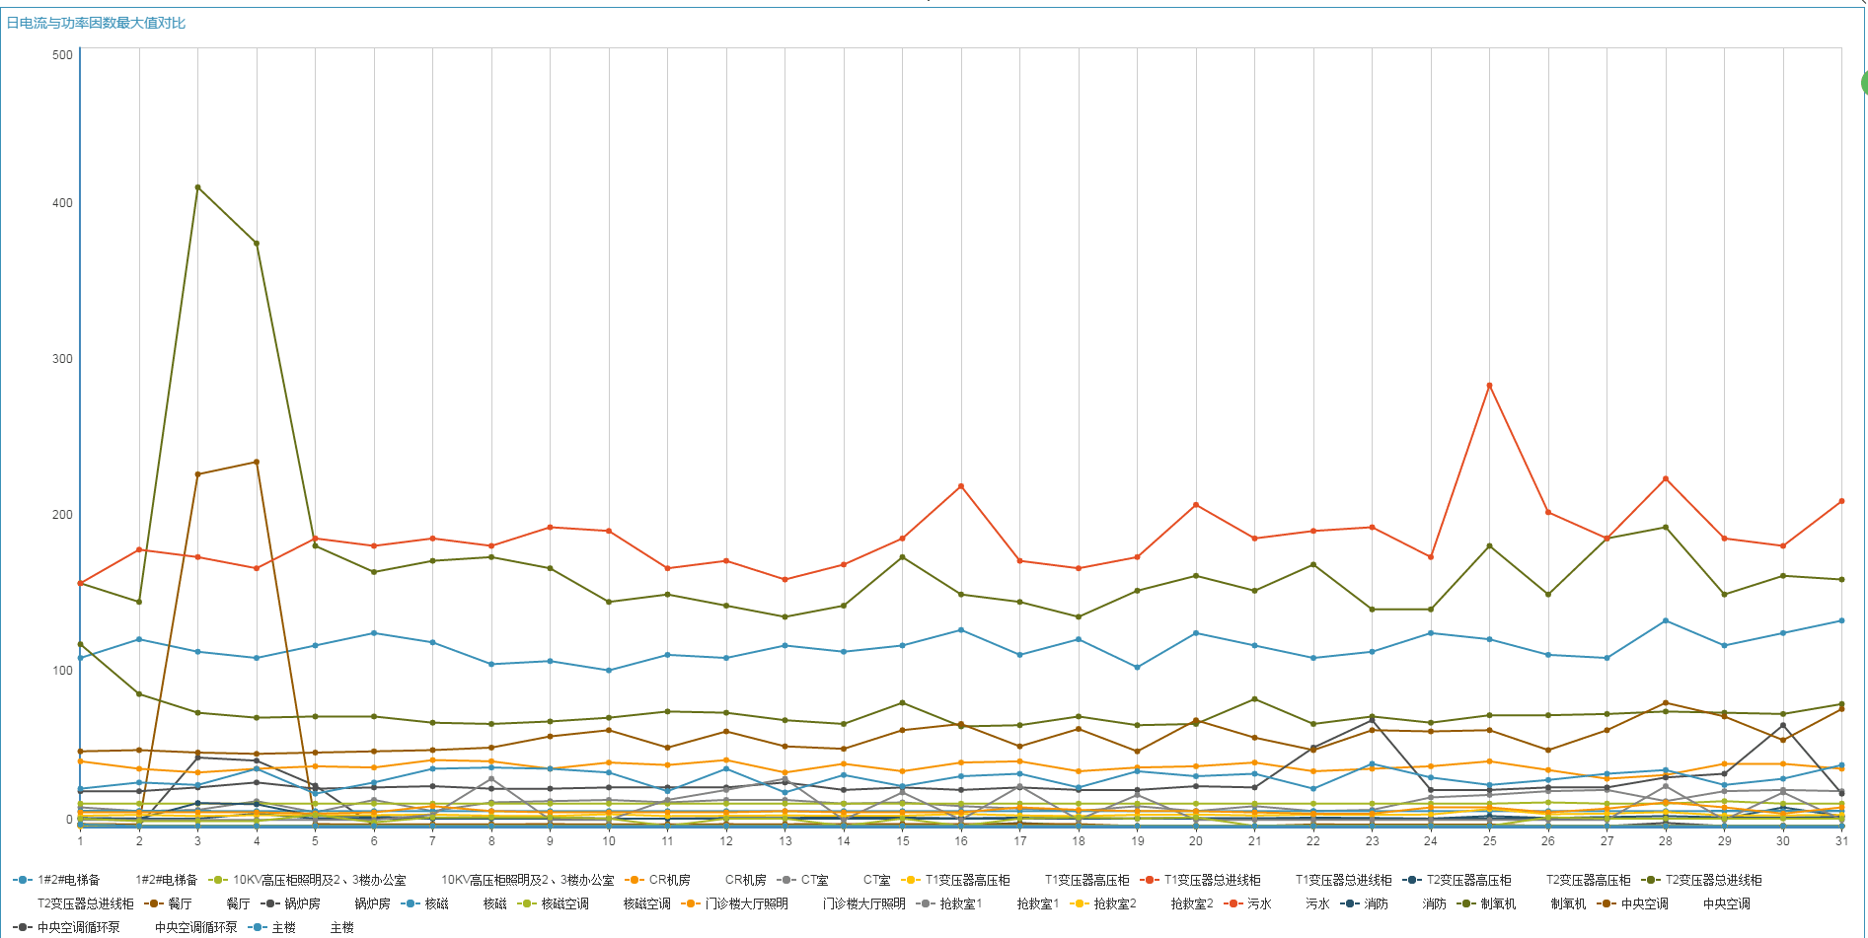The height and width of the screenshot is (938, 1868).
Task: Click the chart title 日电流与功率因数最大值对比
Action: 96,23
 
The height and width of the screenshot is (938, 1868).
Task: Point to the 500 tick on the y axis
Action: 62,55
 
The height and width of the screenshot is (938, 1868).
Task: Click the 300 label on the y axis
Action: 62,359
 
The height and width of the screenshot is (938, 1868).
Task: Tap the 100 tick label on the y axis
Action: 62,671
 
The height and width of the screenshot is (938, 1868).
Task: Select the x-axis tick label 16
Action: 961,841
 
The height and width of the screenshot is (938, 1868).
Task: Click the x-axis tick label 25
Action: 1489,841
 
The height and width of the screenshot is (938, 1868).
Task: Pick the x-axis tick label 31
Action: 1841,841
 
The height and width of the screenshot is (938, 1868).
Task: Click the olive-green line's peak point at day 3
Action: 197,187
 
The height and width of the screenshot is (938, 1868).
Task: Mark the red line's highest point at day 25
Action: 1489,386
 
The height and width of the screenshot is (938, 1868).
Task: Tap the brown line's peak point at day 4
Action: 257,462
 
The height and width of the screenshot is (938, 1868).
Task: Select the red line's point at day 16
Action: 961,486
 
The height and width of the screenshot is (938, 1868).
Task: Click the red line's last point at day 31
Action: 1841,501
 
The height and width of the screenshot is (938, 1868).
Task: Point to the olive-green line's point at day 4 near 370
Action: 257,244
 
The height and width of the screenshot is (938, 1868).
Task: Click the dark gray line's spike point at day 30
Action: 1783,726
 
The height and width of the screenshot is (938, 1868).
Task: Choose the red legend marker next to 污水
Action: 1233,903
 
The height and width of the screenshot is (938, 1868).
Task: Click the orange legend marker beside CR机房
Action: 635,880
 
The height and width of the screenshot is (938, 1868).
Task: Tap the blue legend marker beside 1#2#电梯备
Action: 23,880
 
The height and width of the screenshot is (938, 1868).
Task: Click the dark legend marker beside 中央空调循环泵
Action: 23,927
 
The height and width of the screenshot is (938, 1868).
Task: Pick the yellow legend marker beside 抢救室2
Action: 1079,903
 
